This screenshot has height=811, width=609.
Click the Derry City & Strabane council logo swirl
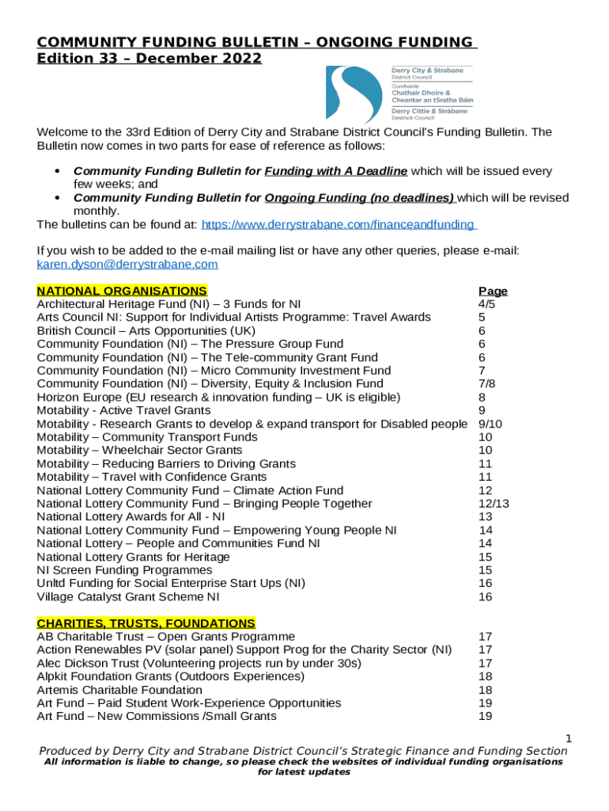(353, 93)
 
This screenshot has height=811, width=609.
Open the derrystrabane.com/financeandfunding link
(339, 225)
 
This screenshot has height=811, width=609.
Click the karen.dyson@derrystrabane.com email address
(127, 264)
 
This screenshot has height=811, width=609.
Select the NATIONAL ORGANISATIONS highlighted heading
(122, 291)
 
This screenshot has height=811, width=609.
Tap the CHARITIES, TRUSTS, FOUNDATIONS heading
(146, 623)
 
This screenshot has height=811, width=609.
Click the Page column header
(493, 291)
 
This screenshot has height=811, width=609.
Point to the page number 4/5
(486, 304)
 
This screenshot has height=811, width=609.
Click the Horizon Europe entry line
(218, 397)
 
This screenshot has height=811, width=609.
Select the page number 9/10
(490, 424)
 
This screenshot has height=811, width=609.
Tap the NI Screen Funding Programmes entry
(124, 569)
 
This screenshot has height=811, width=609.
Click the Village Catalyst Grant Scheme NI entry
(128, 596)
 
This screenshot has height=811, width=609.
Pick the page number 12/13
(494, 504)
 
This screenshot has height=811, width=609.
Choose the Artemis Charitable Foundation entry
(119, 690)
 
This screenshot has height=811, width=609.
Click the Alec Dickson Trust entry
(199, 663)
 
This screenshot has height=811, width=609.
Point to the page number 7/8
(487, 383)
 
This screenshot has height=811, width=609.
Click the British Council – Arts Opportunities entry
(146, 330)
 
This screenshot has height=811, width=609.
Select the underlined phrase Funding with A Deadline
(336, 171)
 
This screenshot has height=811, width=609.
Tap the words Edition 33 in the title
(73, 58)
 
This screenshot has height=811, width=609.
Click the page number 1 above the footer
(567, 739)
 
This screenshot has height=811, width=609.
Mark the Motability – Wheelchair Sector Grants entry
(139, 450)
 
